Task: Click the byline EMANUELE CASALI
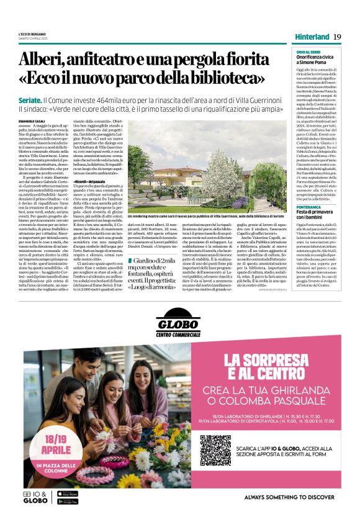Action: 32,120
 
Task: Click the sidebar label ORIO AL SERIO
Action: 308,52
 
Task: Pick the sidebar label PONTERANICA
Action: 308,207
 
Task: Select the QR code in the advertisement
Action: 215,449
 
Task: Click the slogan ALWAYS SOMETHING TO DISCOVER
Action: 289,497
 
